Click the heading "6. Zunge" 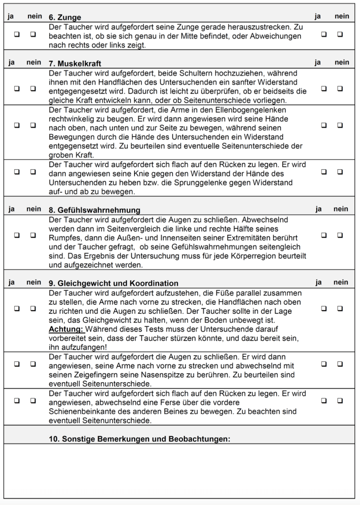point(65,17)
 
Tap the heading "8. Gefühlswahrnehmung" point(94,210)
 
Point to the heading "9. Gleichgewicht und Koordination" point(113,283)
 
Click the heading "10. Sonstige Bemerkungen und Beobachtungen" point(140,438)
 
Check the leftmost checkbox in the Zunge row point(17,35)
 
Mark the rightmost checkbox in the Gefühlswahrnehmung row point(340,235)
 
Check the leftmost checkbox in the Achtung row point(17,308)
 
